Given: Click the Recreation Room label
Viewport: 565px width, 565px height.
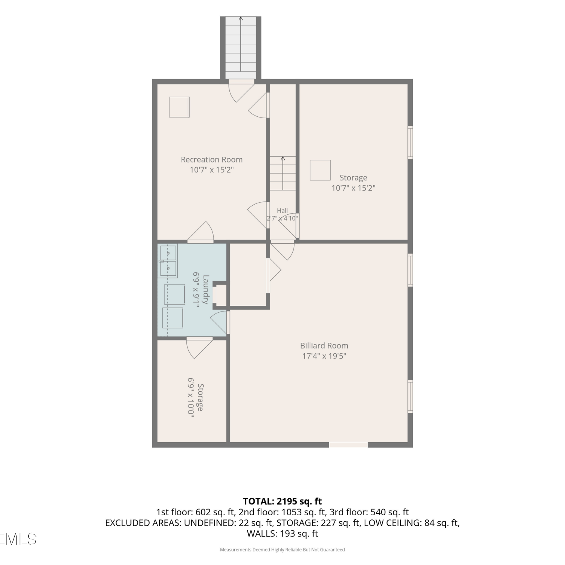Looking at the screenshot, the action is pos(212,160).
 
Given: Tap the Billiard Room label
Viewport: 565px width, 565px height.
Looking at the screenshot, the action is pos(324,346).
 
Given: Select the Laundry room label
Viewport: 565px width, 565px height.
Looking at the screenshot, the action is pos(206,290).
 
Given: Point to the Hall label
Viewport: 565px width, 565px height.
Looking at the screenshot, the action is pos(282,211).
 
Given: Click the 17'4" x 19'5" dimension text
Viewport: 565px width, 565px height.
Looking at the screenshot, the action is pos(324,356).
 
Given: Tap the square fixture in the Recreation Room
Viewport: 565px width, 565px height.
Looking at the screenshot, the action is pos(179,107).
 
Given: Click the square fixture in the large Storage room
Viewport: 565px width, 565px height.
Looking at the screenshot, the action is pos(320,170).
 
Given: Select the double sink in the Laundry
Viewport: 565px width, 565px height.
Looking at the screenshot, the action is pos(168,261).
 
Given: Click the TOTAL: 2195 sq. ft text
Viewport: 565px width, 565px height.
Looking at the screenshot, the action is pos(282,501).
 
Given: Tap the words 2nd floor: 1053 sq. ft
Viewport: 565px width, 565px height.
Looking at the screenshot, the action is pos(282,512).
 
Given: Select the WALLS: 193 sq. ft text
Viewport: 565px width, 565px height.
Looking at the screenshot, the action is pos(282,533).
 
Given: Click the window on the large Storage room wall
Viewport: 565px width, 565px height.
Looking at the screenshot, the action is pos(411,143).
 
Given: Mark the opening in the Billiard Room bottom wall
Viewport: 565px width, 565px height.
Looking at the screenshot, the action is pos(348,445).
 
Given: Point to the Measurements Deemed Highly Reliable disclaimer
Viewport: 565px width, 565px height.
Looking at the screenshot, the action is pos(282,550).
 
